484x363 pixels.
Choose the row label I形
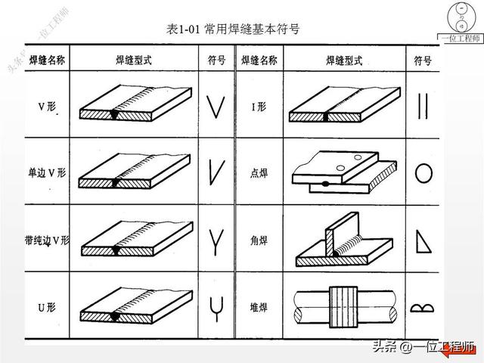click(x=259, y=108)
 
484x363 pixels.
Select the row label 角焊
click(x=259, y=240)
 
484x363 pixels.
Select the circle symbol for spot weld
click(x=423, y=174)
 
